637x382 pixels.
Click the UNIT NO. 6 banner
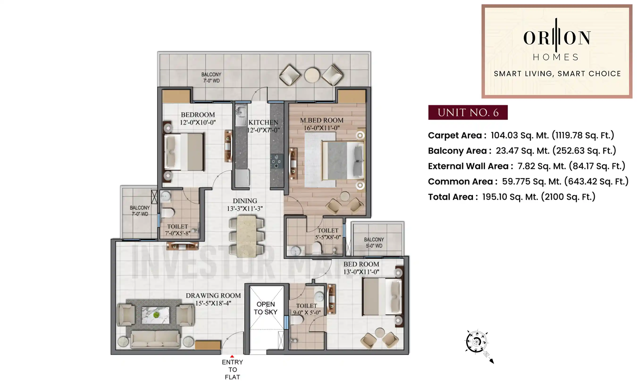coord(468,112)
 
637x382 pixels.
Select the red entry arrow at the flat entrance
coord(232,357)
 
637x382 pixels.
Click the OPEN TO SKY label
coord(265,308)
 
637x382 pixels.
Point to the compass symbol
coord(476,342)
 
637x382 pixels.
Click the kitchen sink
coord(241,112)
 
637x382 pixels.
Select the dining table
coord(246,236)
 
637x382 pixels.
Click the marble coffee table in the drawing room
coord(155,315)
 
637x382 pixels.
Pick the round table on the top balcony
coord(312,75)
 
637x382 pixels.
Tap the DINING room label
coord(245,201)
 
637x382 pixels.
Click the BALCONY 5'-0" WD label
coord(374,242)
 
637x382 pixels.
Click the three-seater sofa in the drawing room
coord(155,339)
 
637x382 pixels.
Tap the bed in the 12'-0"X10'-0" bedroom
coord(184,152)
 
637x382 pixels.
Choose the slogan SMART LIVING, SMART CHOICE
coord(557,74)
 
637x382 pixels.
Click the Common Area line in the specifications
coord(528,182)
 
